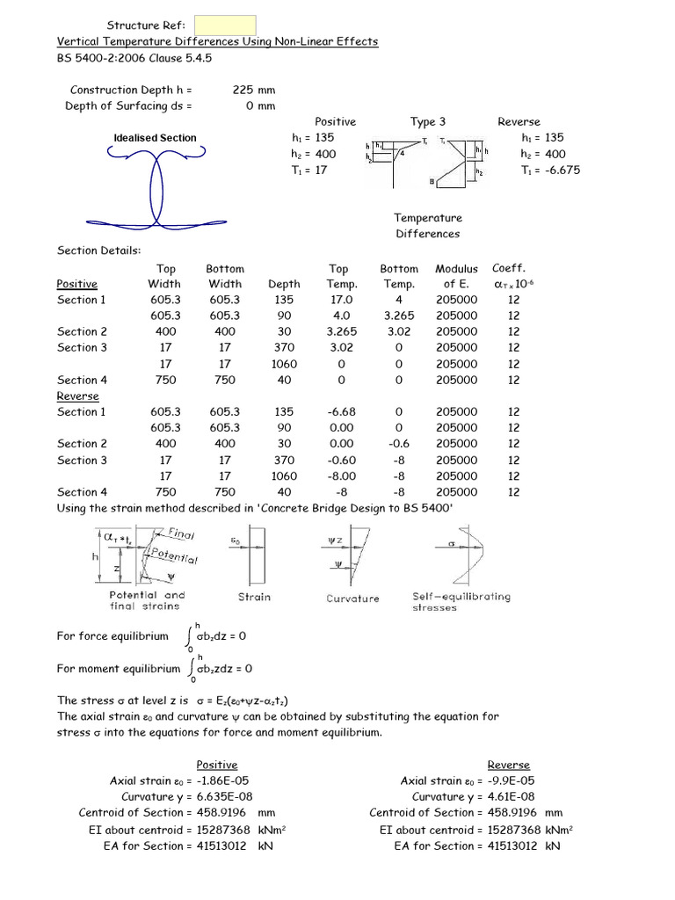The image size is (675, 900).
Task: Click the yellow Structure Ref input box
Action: tap(224, 25)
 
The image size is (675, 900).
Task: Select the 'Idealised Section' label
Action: tap(155, 138)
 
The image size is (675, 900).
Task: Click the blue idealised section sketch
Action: tap(156, 188)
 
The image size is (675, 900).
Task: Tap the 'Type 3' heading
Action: tap(428, 121)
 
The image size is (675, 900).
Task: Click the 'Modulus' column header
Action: tap(456, 268)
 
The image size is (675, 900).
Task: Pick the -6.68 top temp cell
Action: tap(338, 411)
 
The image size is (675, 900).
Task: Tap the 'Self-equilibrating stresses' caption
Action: tap(460, 601)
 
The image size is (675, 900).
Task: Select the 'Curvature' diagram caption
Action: tap(352, 599)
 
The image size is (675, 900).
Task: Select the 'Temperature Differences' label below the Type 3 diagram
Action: tap(427, 226)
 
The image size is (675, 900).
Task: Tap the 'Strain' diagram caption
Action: tap(254, 597)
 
